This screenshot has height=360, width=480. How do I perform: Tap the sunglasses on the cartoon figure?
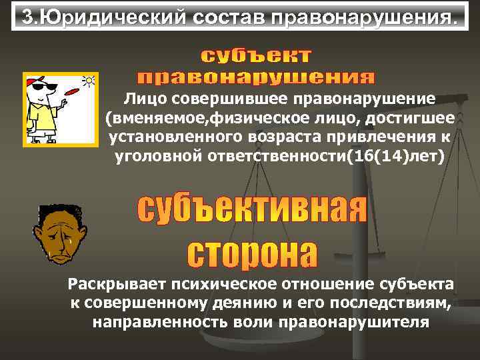[37, 87]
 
